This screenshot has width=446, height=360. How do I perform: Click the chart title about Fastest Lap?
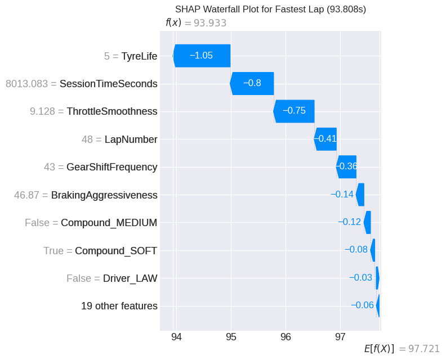(270, 9)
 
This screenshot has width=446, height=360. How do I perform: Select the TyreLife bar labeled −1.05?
(202, 56)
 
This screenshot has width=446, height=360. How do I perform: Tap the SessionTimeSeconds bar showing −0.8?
(252, 83)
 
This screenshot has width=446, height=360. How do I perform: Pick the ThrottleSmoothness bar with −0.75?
(294, 111)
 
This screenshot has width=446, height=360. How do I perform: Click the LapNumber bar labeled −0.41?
(325, 139)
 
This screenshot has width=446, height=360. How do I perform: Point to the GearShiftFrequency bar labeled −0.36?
(346, 166)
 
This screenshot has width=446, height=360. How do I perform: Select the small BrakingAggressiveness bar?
(360, 195)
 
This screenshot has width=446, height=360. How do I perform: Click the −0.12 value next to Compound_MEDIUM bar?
(349, 222)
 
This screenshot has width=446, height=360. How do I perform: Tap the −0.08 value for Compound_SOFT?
(356, 250)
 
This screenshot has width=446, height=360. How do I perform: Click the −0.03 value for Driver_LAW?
(360, 278)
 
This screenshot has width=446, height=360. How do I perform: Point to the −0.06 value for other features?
(362, 305)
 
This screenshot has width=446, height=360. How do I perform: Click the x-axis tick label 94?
(176, 337)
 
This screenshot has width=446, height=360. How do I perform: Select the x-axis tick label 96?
(286, 337)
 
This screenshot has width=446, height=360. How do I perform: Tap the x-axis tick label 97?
(340, 337)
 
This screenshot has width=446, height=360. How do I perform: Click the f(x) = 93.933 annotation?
(195, 23)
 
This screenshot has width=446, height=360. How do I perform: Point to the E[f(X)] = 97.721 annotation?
(402, 349)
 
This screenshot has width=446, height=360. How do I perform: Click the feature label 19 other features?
(119, 306)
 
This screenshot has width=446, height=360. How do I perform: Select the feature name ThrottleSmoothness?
(111, 111)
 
